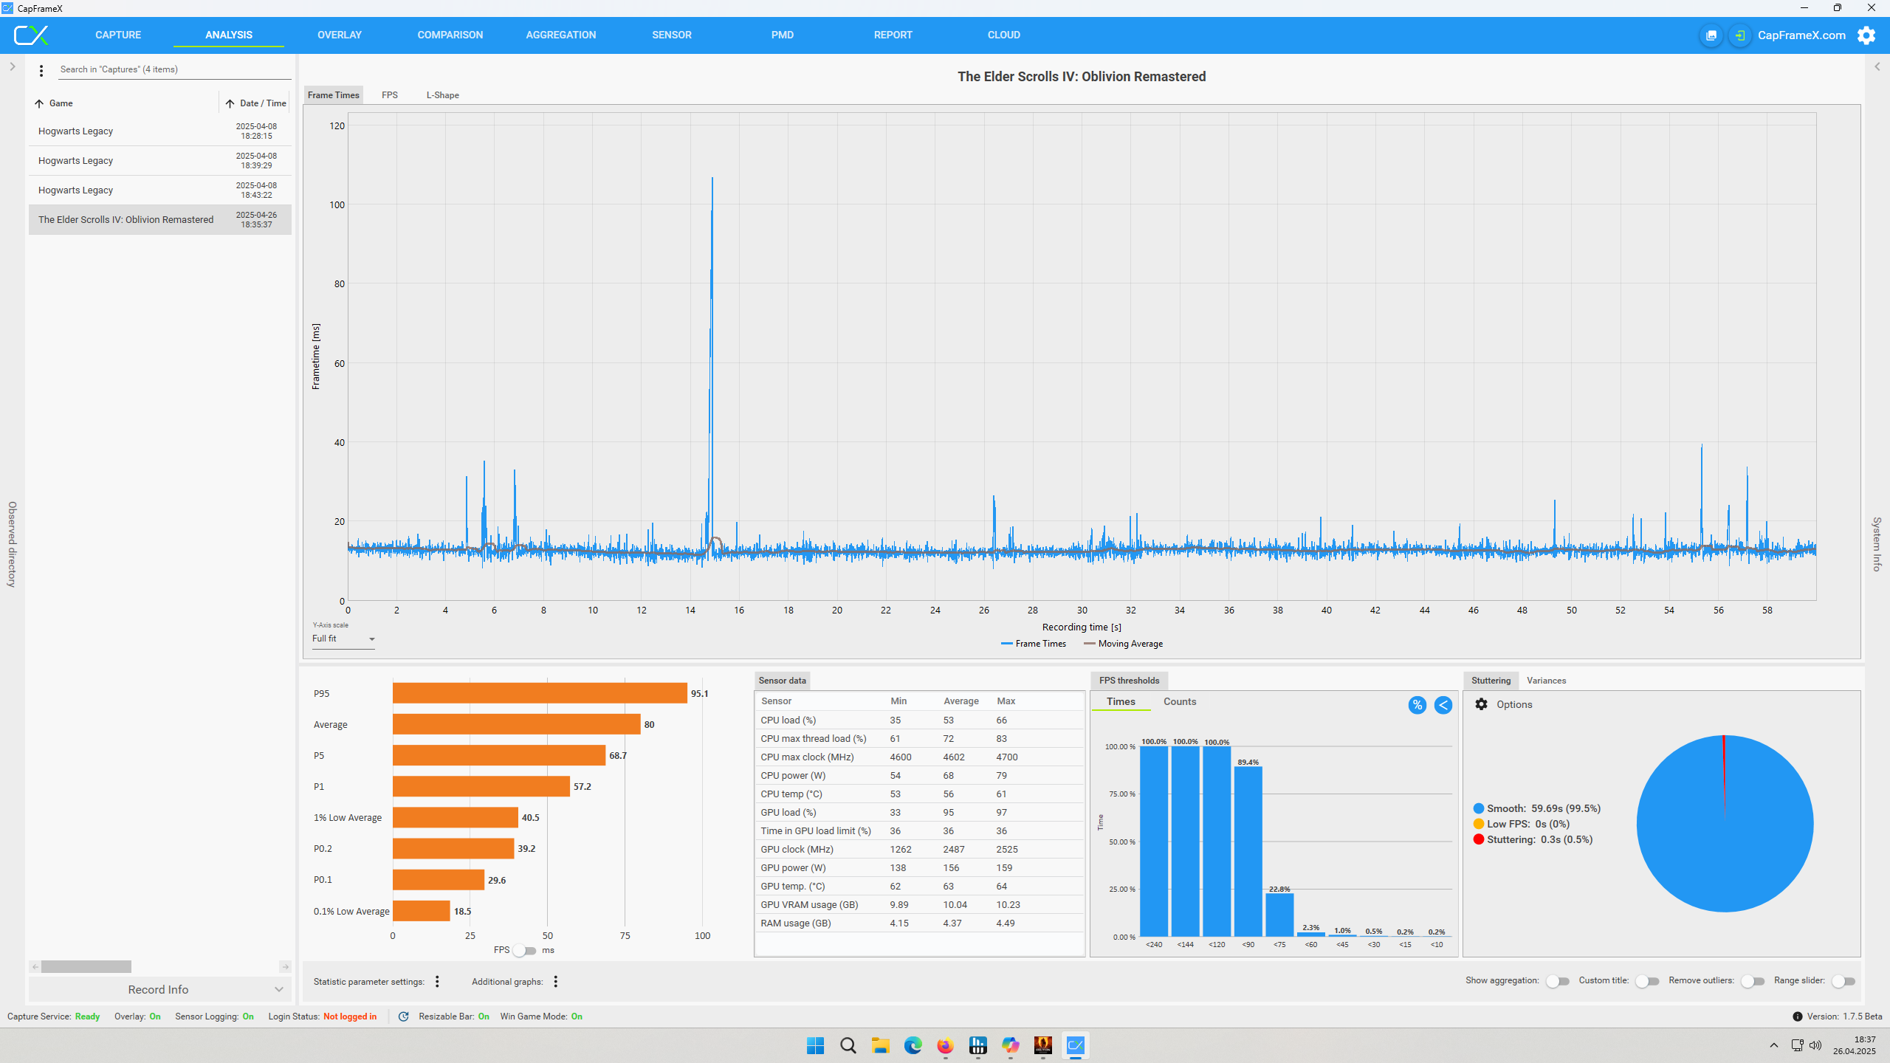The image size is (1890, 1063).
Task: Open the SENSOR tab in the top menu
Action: click(671, 35)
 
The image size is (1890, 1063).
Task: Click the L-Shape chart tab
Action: click(442, 95)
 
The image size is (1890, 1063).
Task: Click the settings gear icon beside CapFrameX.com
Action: click(1866, 35)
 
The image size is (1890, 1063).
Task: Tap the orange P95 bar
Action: click(540, 693)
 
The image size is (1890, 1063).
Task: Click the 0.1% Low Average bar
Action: click(421, 911)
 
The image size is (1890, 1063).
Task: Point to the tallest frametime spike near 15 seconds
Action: click(712, 179)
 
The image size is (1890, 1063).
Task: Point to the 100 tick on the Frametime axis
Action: click(337, 204)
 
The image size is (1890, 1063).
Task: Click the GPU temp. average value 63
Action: click(949, 886)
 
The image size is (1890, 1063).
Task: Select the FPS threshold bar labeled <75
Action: click(1279, 915)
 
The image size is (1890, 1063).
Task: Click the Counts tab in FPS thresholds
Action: click(1180, 701)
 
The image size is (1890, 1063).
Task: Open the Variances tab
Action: click(1546, 681)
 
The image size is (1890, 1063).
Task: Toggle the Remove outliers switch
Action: click(1753, 981)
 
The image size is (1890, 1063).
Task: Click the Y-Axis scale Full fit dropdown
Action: click(344, 639)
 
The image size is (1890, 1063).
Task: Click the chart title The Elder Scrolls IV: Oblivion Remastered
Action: click(1082, 77)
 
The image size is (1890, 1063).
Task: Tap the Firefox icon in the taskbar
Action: click(945, 1045)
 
